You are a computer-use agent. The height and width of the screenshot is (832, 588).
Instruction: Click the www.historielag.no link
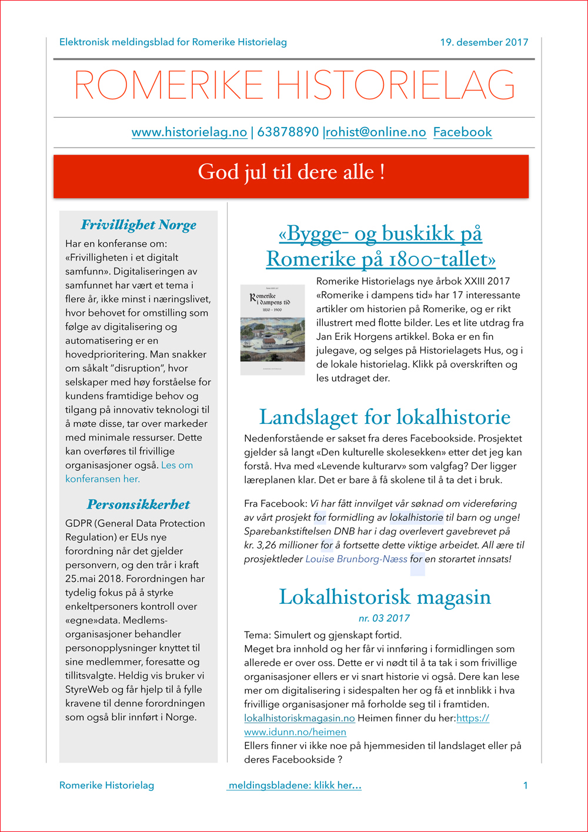189,132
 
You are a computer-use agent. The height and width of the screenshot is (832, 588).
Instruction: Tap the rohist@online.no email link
376,132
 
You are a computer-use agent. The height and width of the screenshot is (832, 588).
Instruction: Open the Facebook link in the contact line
462,132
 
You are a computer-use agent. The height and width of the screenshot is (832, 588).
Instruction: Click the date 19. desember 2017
484,42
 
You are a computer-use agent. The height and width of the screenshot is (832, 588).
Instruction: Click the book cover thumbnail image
273,330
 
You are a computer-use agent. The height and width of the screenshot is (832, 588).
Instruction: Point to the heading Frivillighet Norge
139,225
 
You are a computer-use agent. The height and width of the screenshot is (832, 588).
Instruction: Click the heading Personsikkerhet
139,504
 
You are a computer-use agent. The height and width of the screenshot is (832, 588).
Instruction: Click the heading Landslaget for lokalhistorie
385,417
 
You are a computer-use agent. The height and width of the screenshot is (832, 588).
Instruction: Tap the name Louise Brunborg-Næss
356,559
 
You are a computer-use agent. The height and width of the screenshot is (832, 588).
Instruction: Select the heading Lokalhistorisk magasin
385,597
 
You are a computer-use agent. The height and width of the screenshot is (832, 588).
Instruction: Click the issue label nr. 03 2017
384,618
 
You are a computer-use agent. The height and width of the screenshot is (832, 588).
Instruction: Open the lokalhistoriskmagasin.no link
299,718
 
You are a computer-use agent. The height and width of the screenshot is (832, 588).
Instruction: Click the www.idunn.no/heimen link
295,732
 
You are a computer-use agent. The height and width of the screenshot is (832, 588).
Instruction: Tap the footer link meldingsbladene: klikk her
294,786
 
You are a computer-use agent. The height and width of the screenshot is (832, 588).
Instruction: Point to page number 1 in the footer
525,786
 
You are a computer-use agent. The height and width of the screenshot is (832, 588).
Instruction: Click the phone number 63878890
288,132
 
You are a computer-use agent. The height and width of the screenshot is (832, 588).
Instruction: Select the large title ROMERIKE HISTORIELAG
294,86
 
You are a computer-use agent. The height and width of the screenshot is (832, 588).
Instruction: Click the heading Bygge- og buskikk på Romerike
380,246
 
